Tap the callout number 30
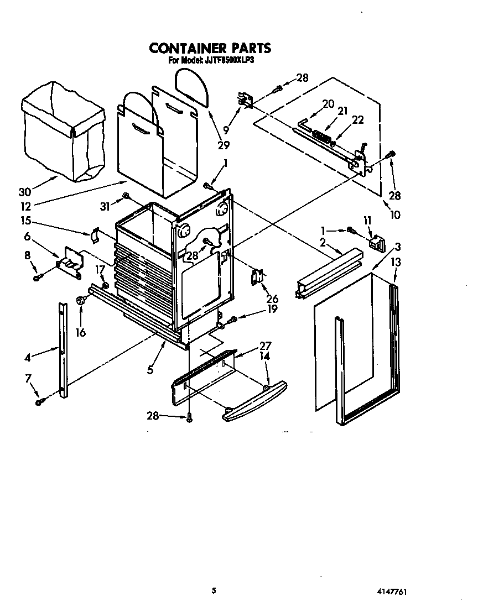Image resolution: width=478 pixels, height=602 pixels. coord(24,192)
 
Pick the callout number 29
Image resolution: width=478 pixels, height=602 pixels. coord(224,145)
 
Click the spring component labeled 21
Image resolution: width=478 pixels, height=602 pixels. coord(321,134)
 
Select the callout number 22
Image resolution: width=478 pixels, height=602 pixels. coord(358,120)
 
